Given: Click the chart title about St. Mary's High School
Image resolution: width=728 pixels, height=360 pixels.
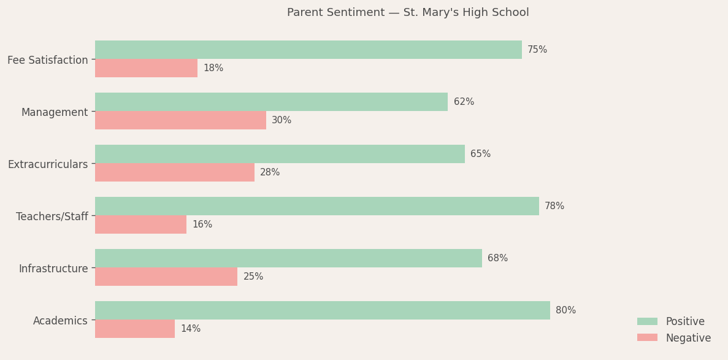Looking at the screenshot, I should pyautogui.click(x=408, y=13).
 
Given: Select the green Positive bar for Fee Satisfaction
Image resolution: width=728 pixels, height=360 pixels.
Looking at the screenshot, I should pyautogui.click(x=308, y=50).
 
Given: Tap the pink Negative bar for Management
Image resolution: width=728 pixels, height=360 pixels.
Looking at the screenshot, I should pyautogui.click(x=180, y=120).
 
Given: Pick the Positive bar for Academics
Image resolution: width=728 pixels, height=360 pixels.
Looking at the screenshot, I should pyautogui.click(x=322, y=310).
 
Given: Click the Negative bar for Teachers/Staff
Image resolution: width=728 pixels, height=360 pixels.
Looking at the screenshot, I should pyautogui.click(x=140, y=224).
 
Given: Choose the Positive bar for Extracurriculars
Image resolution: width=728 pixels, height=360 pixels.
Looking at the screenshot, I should pyautogui.click(x=280, y=154).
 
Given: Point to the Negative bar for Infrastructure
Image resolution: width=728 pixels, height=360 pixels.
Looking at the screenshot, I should pyautogui.click(x=166, y=277).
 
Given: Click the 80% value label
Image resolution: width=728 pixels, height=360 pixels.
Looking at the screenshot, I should pyautogui.click(x=565, y=310).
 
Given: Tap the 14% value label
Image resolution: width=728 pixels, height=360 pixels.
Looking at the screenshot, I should pyautogui.click(x=190, y=329).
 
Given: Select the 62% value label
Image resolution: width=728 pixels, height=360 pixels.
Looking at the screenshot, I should pyautogui.click(x=464, y=102).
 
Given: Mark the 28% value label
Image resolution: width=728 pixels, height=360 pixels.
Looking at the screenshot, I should pyautogui.click(x=270, y=172).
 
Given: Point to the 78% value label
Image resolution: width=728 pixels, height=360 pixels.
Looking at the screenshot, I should pyautogui.click(x=554, y=206).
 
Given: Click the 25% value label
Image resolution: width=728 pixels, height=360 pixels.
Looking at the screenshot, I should pyautogui.click(x=253, y=277).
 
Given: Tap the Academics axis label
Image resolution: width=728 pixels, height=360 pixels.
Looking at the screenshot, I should pyautogui.click(x=60, y=321).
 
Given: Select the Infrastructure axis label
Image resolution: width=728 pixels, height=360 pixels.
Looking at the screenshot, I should pyautogui.click(x=53, y=269).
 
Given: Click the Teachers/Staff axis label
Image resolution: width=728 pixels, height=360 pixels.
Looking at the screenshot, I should pyautogui.click(x=52, y=216).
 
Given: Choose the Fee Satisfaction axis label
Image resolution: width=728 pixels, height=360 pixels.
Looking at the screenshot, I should pyautogui.click(x=48, y=60).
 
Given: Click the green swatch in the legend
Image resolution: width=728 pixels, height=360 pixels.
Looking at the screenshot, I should pyautogui.click(x=647, y=321).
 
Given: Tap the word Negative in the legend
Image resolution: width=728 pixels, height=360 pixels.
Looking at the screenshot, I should pyautogui.click(x=688, y=338).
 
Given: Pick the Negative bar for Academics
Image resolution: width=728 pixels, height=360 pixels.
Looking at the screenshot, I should pyautogui.click(x=135, y=329).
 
